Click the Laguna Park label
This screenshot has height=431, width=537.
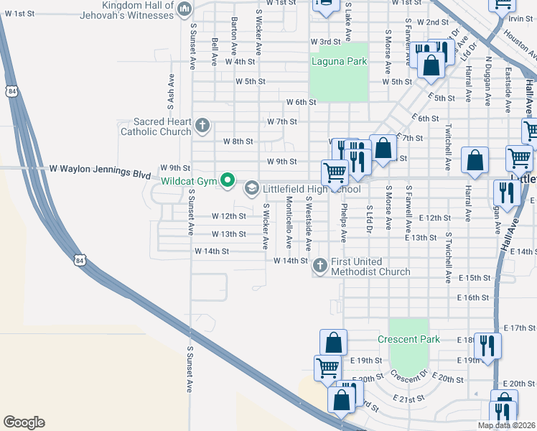[339, 61]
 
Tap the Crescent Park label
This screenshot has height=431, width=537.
[408, 338]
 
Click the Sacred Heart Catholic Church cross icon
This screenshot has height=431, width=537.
[202, 126]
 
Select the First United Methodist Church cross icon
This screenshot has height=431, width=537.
[319, 267]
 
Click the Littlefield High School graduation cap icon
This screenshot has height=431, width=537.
[251, 189]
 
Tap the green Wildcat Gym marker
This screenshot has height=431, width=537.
[228, 180]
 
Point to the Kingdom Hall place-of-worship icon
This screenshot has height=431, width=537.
[185, 9]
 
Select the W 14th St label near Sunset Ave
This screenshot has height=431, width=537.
[211, 251]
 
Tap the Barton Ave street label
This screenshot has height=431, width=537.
[234, 37]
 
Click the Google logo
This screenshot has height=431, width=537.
[24, 422]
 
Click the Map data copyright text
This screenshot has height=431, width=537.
[507, 425]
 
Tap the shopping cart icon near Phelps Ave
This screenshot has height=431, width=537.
[335, 172]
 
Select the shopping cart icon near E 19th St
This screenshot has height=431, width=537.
[327, 367]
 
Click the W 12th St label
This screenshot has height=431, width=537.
[228, 216]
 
